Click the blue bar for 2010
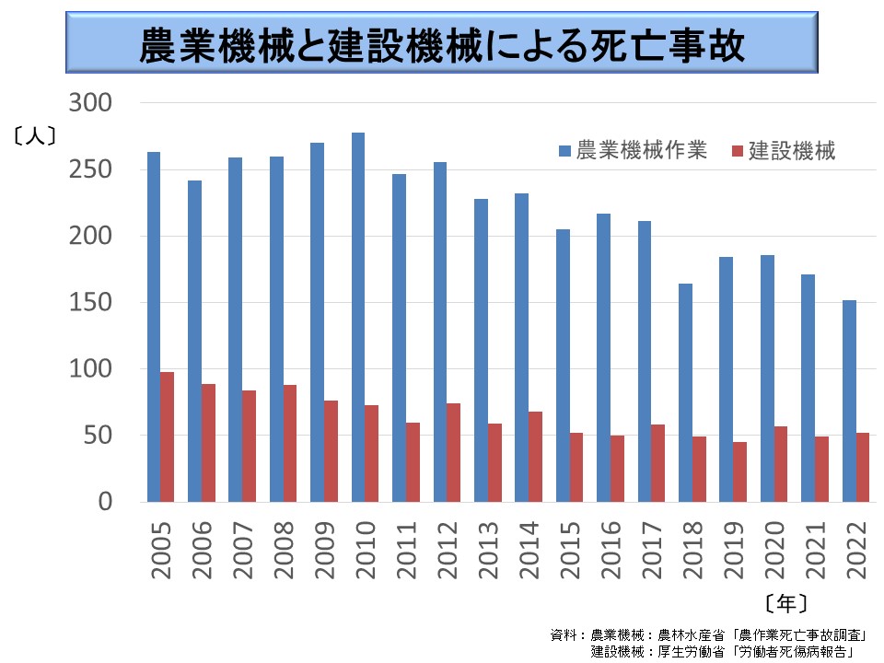pyautogui.click(x=358, y=318)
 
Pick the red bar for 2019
pyautogui.click(x=739, y=471)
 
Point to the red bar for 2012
pyautogui.click(x=454, y=452)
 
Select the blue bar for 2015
pyautogui.click(x=563, y=366)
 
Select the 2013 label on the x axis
pyautogui.click(x=488, y=550)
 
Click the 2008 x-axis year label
pyautogui.click(x=284, y=550)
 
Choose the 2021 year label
pyautogui.click(x=815, y=550)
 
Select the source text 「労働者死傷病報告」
pyautogui.click(x=795, y=650)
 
